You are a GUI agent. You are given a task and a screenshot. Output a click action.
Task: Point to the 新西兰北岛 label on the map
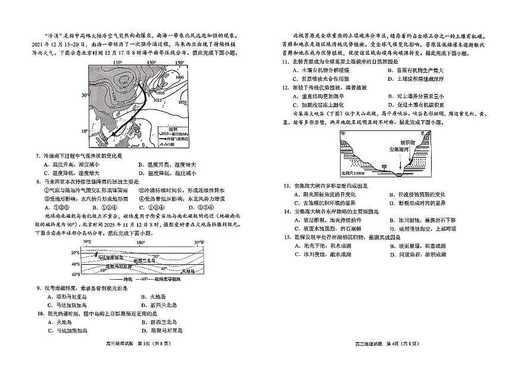click(145, 260)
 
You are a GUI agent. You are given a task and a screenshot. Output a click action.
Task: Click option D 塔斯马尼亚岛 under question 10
click(162, 330)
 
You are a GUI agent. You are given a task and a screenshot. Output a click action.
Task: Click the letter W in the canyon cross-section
click(344, 133)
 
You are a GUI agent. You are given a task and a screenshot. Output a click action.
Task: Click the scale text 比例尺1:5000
click(355, 173)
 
